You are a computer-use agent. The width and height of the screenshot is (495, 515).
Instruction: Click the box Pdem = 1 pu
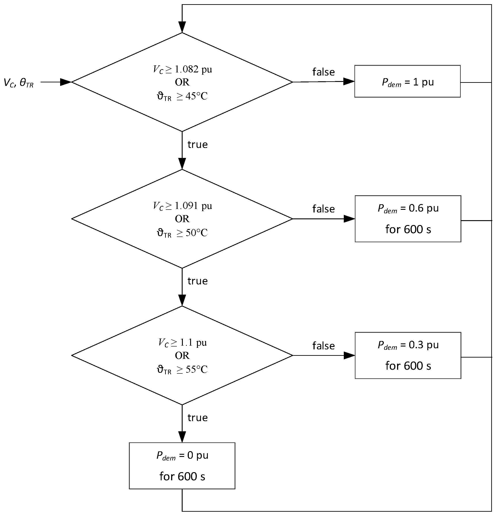pos(407,81)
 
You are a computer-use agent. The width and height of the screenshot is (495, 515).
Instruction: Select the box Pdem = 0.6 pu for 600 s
pos(408,219)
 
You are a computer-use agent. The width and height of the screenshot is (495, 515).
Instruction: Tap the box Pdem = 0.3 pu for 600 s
pos(408,355)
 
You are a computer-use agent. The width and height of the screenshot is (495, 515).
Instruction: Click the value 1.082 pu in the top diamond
pos(193,69)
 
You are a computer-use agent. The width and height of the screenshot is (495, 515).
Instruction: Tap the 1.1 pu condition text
pos(193,342)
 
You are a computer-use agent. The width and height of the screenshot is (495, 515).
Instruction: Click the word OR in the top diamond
pos(182,82)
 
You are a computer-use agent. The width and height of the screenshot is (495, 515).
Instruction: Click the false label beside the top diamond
pos(323,72)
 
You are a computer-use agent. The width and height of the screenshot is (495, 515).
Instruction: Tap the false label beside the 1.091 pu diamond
pos(323,209)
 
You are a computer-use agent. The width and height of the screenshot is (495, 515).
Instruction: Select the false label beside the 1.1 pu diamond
pos(323,346)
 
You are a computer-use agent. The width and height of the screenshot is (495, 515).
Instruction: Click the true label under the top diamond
pos(197,144)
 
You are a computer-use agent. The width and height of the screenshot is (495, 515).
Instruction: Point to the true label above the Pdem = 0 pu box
pos(197,418)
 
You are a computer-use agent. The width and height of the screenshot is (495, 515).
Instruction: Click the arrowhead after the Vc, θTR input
pos(66,82)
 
